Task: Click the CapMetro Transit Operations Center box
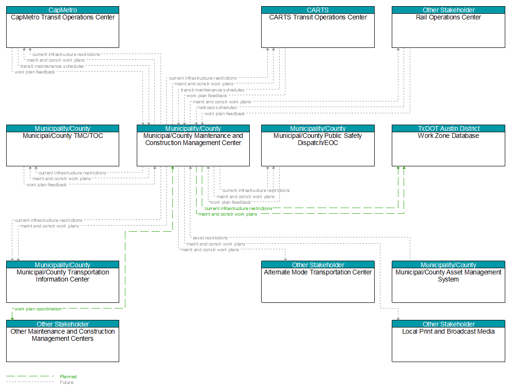coord(63,27)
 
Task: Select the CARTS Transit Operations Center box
coord(318,27)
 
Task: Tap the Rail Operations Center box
coord(448,27)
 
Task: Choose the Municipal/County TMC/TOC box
coord(63,145)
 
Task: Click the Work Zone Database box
coord(448,145)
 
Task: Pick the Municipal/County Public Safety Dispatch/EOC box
coord(318,145)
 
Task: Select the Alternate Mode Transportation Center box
coord(318,282)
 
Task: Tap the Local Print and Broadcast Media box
coord(448,341)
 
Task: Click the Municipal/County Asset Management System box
coord(448,282)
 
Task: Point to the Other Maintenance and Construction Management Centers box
coord(63,341)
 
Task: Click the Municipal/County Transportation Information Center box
coord(63,282)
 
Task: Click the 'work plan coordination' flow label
coord(38,309)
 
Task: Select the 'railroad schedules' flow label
coord(217,108)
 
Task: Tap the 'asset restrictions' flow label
coord(210,238)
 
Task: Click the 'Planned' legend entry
coord(68,377)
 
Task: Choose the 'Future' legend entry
coord(66,382)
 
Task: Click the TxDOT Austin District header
coord(448,128)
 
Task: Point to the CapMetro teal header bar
coord(63,10)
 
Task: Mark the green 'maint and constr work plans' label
coord(227,214)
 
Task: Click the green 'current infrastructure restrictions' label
coord(238,209)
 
